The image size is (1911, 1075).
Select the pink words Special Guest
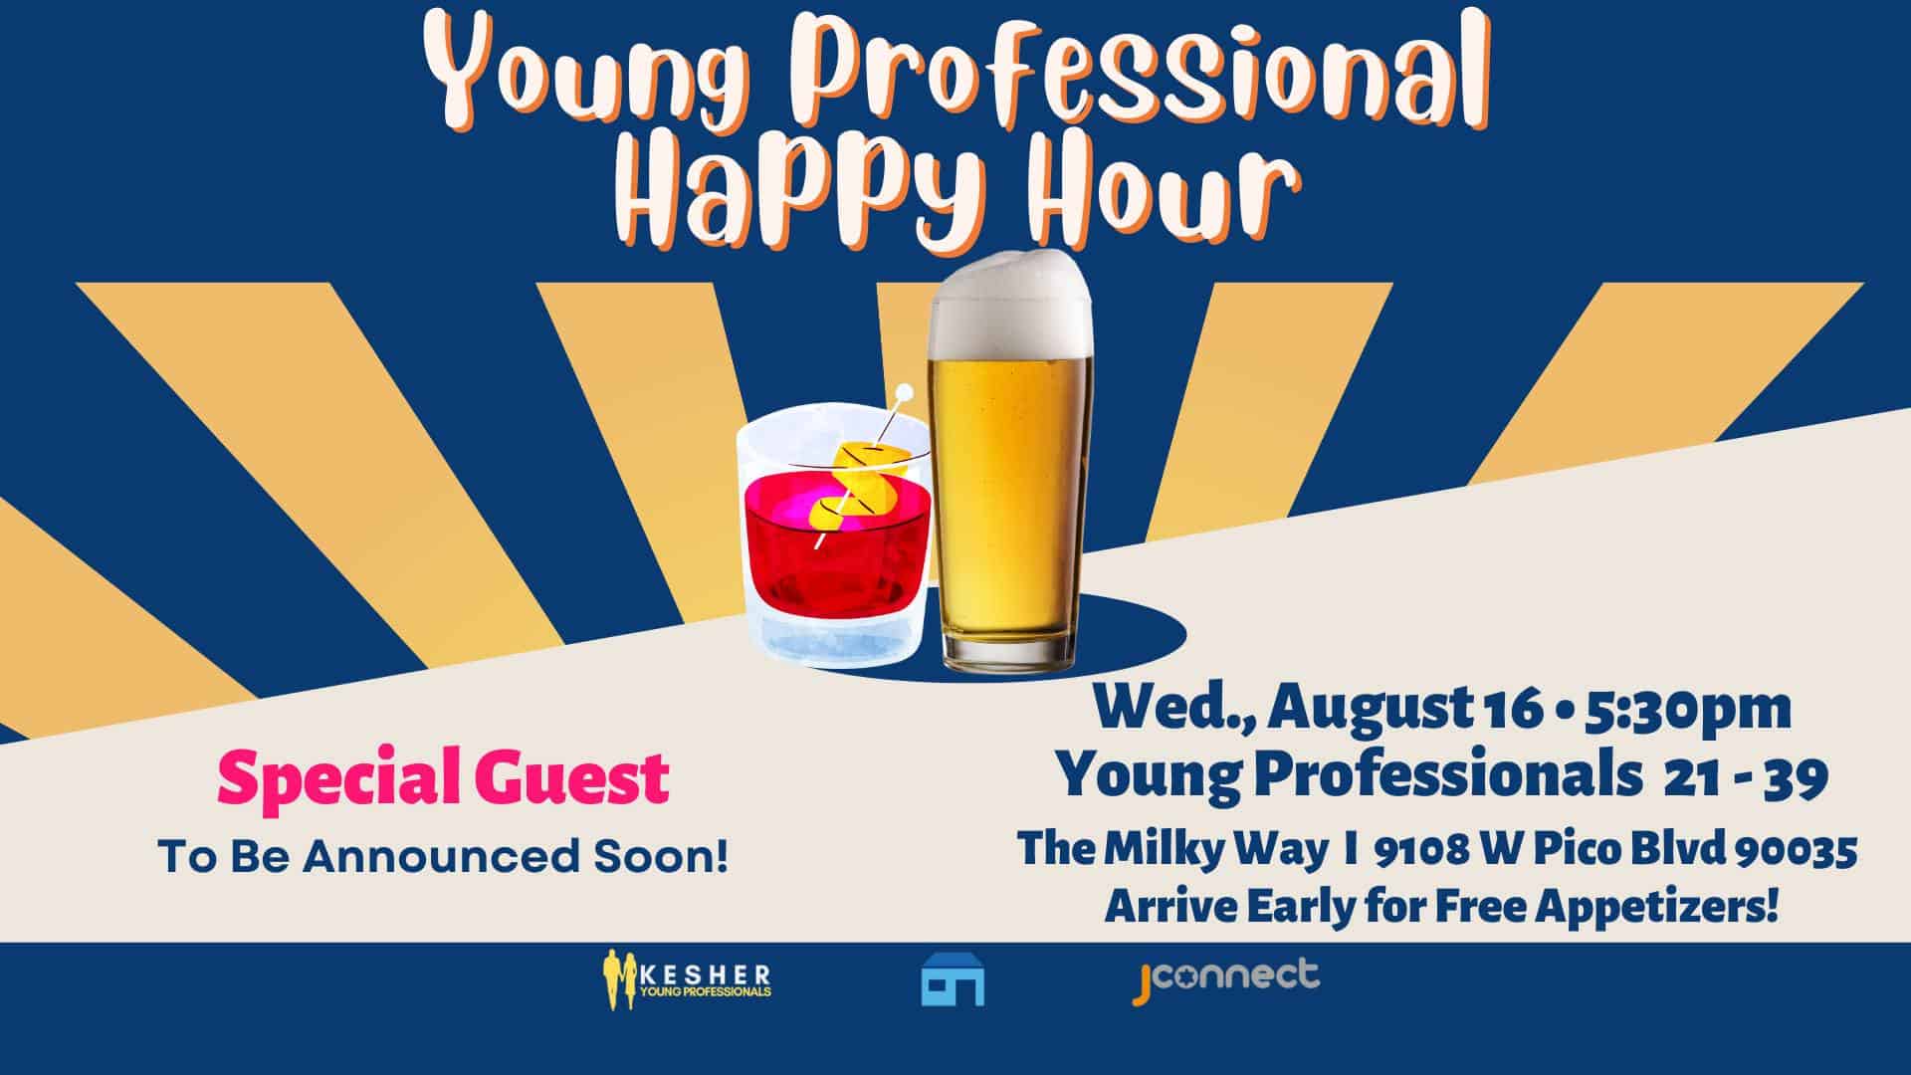[x=443, y=778]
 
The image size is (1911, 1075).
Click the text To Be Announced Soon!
[x=443, y=856]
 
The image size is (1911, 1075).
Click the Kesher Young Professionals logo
[x=686, y=980]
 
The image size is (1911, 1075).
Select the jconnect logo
[x=1227, y=978]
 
